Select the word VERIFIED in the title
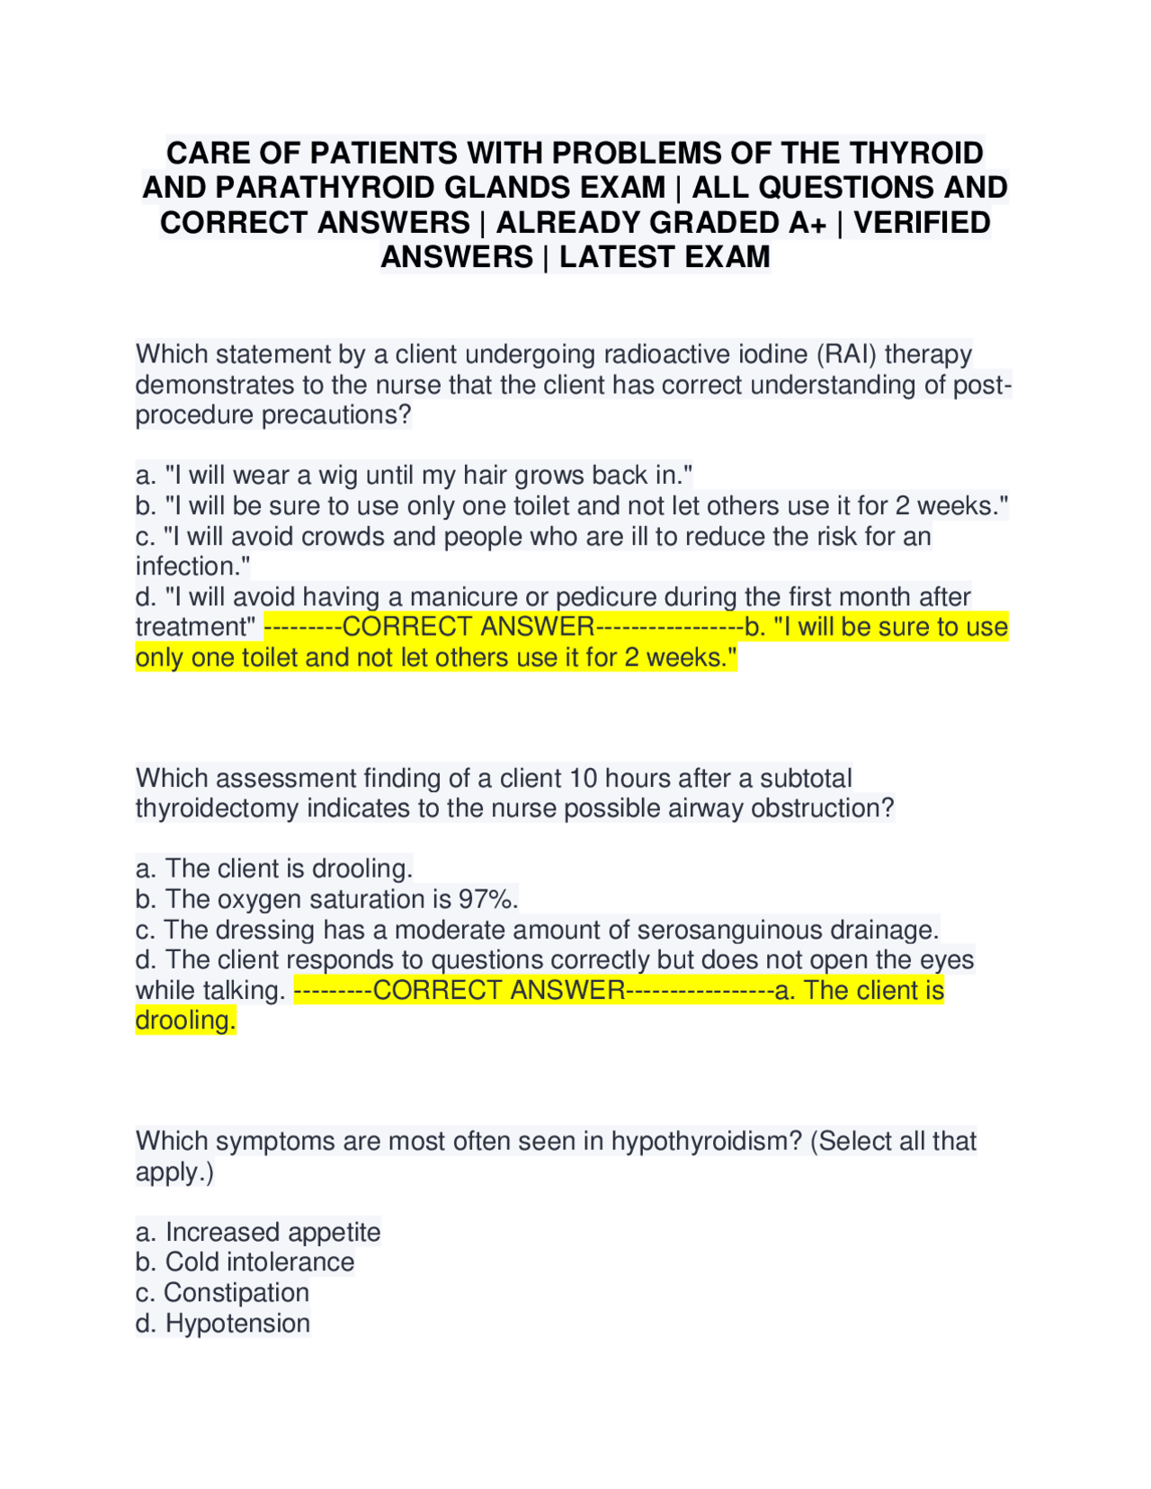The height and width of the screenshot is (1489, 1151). click(x=922, y=223)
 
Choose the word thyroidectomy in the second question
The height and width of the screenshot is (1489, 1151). click(x=217, y=808)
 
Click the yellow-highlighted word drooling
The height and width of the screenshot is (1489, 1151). click(x=184, y=1021)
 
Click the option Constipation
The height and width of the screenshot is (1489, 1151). click(x=236, y=1293)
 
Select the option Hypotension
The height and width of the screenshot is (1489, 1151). click(x=237, y=1324)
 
